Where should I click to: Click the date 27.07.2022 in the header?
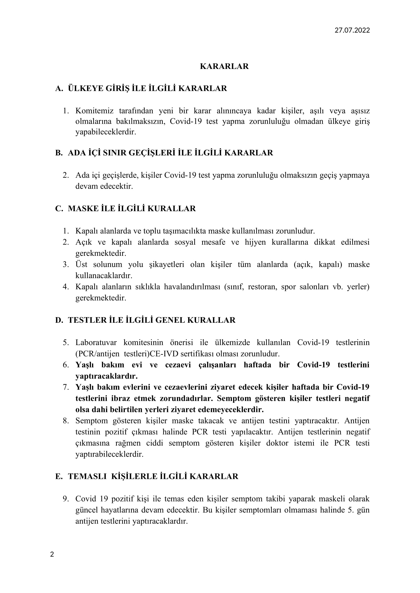pos(352,30)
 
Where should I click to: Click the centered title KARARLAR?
pos(224,66)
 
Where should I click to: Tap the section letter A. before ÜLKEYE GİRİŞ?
pos(59,88)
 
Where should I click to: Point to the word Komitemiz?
pos(94,111)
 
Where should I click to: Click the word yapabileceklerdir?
pos(106,132)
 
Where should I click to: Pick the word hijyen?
pos(255,242)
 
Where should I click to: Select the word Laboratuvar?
pos(96,343)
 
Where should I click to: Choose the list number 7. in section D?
pos(66,387)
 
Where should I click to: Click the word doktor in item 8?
pos(277,443)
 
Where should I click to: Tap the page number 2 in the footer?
pos(52,554)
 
